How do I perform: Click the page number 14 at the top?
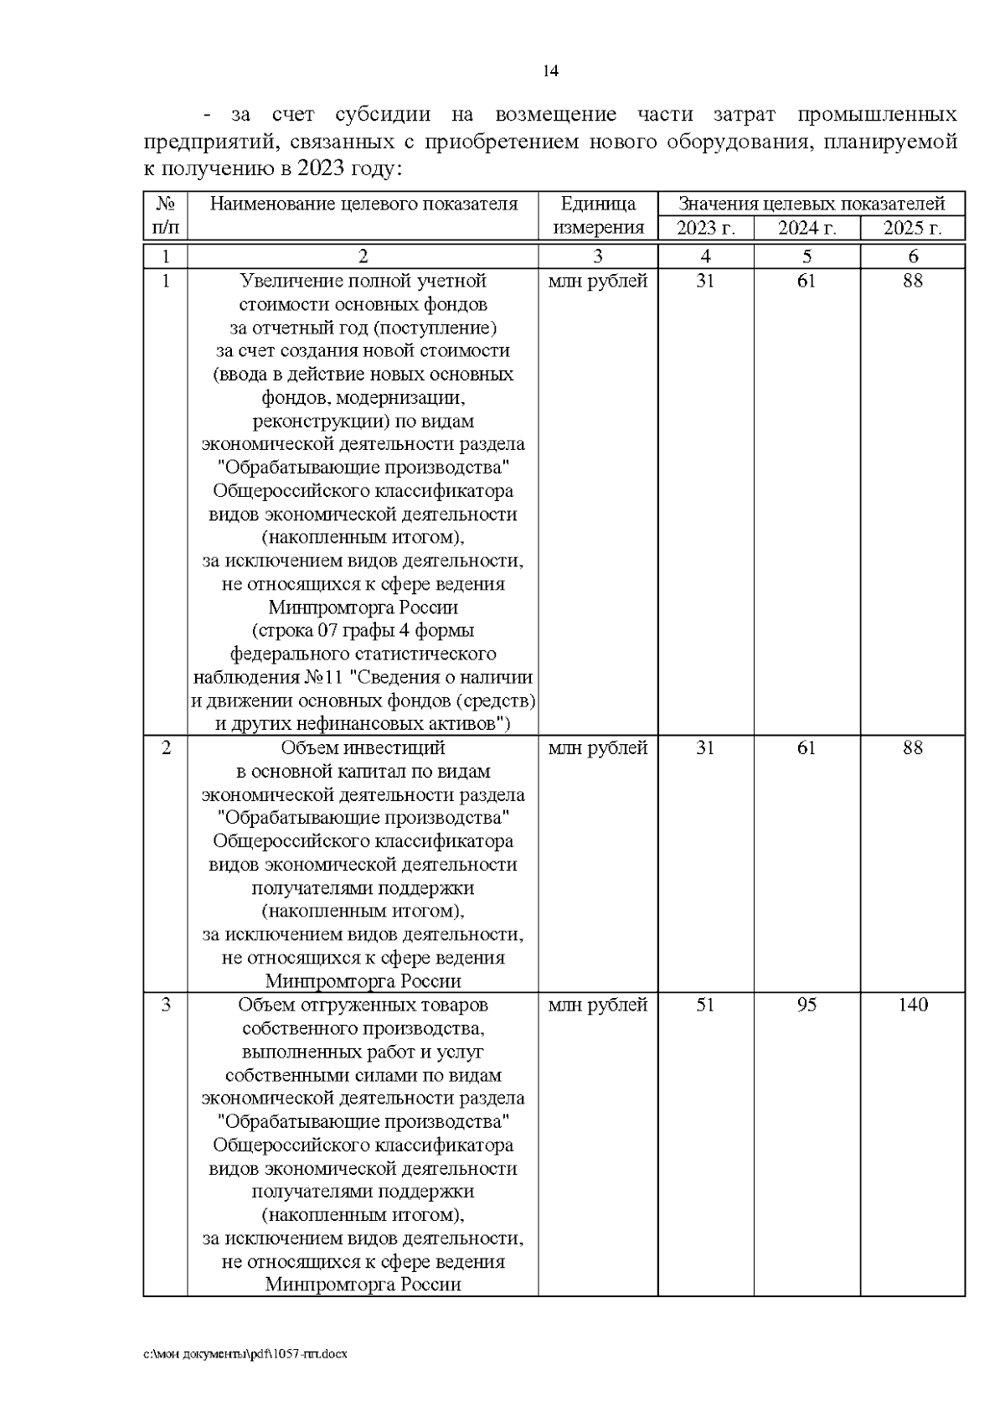(550, 71)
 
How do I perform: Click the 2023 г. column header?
(705, 228)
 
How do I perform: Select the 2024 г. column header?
(807, 228)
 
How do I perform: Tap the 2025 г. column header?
(912, 228)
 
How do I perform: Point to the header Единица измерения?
(597, 215)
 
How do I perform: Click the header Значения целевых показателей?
(811, 204)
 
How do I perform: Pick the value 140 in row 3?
(912, 1005)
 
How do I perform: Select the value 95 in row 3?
(807, 1005)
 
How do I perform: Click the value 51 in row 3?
(705, 1005)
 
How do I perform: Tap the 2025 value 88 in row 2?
(912, 747)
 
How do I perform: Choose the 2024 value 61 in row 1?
(807, 281)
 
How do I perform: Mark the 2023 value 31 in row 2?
(705, 747)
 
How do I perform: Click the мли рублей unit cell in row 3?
(597, 1005)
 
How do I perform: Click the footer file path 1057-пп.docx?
(245, 1353)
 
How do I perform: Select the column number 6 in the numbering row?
(912, 256)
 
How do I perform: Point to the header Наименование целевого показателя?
(363, 204)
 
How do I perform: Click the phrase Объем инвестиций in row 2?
(363, 747)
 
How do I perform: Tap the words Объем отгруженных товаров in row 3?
(363, 1005)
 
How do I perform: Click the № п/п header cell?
(165, 215)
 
